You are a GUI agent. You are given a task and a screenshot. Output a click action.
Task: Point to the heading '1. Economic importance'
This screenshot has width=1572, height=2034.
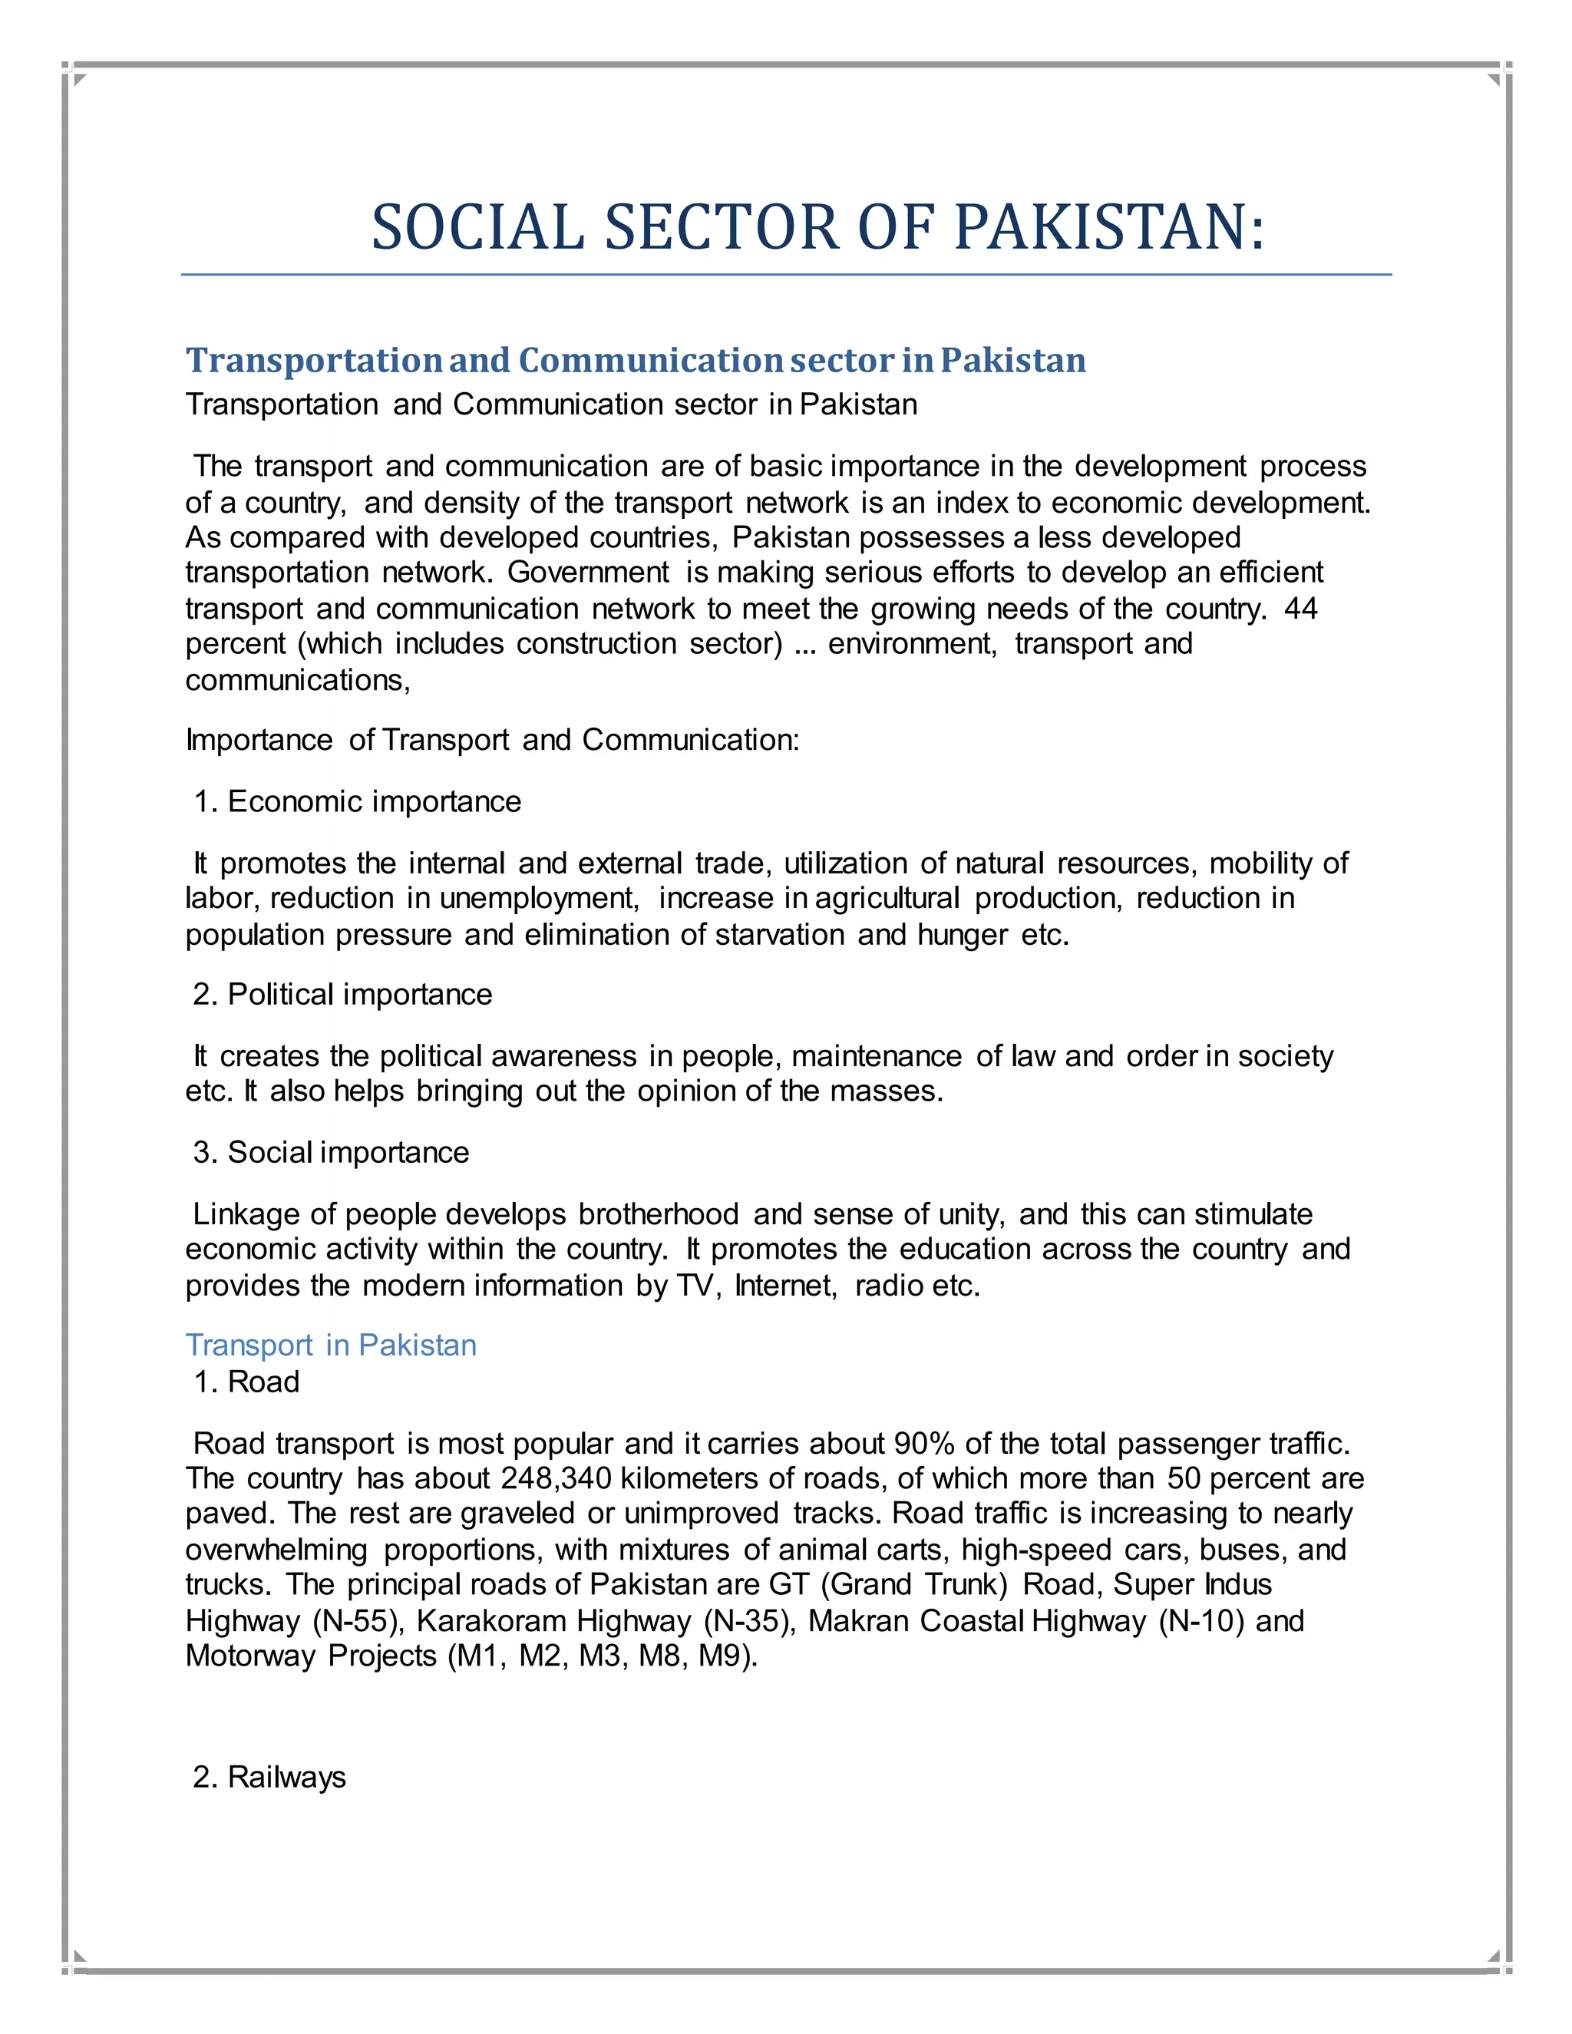(x=357, y=802)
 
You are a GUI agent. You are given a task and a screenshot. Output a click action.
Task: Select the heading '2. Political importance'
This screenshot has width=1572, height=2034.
(x=342, y=995)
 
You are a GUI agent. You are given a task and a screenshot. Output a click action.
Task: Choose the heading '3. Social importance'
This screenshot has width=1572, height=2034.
(x=331, y=1153)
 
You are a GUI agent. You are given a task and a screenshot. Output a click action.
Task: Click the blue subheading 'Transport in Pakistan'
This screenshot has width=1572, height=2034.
(x=331, y=1346)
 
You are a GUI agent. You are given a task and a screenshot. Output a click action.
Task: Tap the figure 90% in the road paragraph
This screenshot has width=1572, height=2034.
(x=924, y=1445)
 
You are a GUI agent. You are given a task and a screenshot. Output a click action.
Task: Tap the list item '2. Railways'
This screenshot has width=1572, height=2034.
(x=269, y=1777)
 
